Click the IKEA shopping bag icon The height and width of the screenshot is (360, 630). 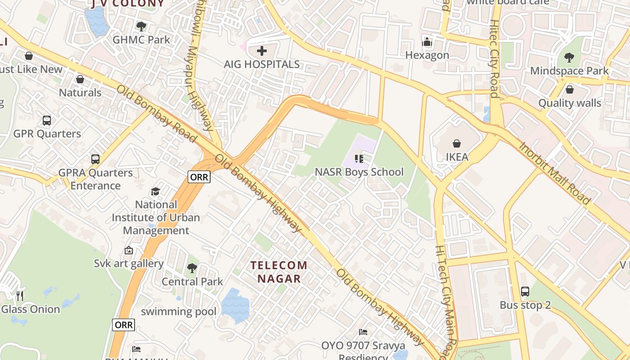(457, 144)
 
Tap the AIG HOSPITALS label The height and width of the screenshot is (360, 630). (262, 64)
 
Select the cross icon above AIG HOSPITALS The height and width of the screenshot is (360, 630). (262, 50)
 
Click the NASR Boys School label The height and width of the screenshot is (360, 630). (359, 172)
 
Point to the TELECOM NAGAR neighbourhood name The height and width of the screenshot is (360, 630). (279, 272)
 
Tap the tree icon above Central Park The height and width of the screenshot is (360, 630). (192, 268)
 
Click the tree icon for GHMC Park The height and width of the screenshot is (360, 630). (141, 26)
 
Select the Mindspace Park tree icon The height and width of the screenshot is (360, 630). (569, 57)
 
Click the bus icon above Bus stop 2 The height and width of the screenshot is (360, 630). (525, 291)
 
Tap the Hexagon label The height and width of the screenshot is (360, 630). (427, 55)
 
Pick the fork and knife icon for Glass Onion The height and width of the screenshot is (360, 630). (20, 296)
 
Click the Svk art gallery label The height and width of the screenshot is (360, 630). (129, 263)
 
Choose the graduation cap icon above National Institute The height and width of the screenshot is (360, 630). (156, 191)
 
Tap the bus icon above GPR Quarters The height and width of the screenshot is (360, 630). (47, 120)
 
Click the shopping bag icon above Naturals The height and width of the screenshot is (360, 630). (80, 79)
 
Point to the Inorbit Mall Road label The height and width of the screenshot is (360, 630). (554, 173)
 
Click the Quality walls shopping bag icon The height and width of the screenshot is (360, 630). (570, 90)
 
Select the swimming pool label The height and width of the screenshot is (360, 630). (179, 311)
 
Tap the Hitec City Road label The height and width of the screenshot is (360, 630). (494, 58)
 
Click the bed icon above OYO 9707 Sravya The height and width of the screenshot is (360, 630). (363, 332)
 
